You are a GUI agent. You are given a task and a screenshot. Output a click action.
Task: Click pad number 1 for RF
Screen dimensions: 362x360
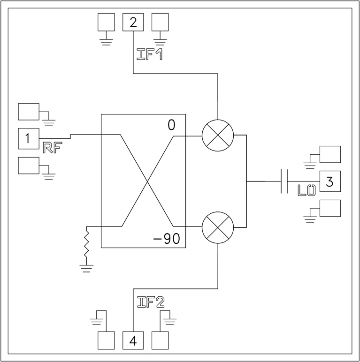pos(28,138)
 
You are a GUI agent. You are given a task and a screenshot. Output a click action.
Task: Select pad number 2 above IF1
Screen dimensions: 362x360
pos(133,22)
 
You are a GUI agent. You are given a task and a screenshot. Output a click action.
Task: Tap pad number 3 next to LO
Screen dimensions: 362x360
pos(329,181)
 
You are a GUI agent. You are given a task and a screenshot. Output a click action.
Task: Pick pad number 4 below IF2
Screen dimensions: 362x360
pos(133,340)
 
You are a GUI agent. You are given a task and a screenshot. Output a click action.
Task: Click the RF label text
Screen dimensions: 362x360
pos(52,148)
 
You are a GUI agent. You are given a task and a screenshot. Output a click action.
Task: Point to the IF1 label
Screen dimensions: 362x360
pos(149,54)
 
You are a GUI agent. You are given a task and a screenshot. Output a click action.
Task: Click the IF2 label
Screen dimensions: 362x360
pos(150,302)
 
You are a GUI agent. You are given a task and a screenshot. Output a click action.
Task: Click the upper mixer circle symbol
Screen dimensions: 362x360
pos(217,136)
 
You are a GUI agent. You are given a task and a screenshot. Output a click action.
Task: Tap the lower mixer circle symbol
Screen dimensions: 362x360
pos(217,226)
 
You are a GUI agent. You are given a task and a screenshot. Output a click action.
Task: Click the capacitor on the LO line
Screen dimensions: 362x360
pos(284,181)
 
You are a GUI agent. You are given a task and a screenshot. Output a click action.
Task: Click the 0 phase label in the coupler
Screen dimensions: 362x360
pos(172,125)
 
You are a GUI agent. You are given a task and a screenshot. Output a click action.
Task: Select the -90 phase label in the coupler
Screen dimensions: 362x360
pos(167,239)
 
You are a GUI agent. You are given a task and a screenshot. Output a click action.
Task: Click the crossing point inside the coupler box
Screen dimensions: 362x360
pos(148,181)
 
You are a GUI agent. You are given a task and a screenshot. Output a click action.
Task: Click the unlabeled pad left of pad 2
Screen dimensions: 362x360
pos(107,22)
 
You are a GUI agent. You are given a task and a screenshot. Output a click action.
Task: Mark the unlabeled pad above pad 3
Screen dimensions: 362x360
pos(329,154)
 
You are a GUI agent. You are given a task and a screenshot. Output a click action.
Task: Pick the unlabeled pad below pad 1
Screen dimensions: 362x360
pos(28,165)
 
